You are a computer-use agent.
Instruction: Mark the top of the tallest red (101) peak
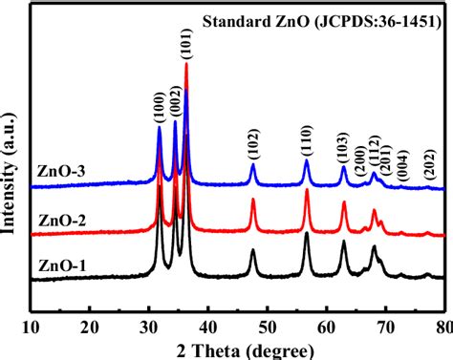click(186, 64)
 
